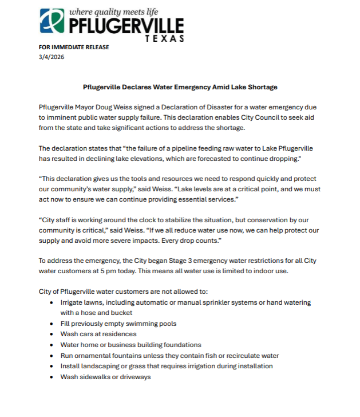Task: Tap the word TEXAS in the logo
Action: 165,38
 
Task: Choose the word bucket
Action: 121,313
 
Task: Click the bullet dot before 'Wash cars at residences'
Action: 52,334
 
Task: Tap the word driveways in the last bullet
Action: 133,377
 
